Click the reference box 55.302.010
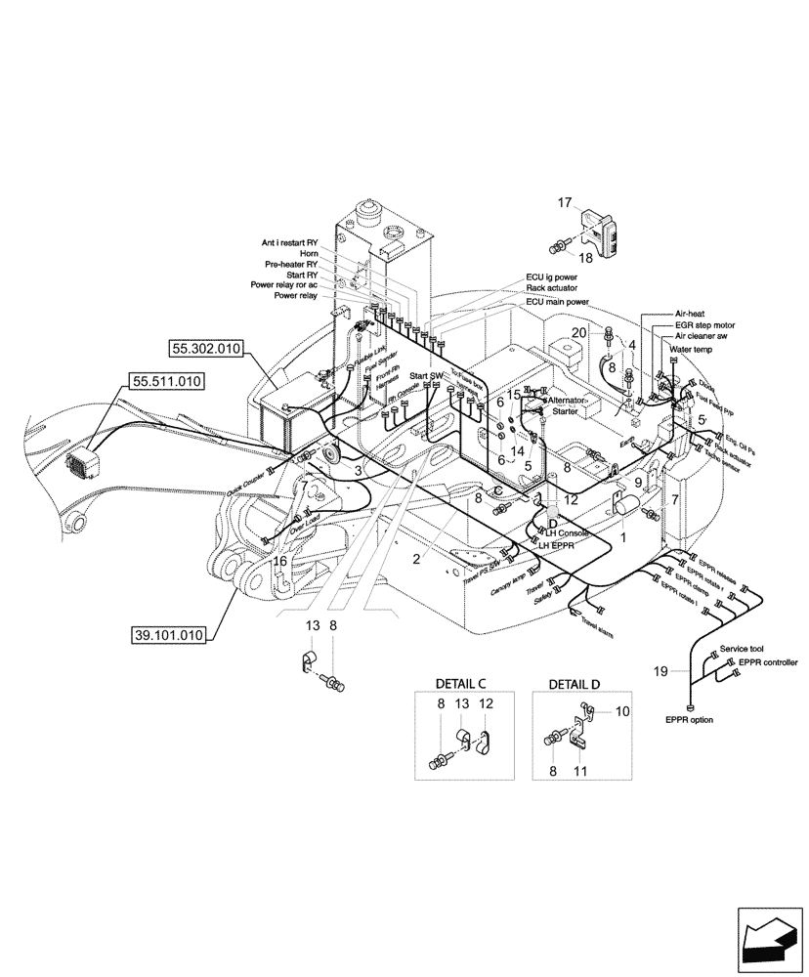(207, 347)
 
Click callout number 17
(565, 203)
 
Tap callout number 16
(278, 562)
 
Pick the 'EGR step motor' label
(705, 323)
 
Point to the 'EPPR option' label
(690, 720)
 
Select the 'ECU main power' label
(557, 302)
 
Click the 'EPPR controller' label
(768, 662)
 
